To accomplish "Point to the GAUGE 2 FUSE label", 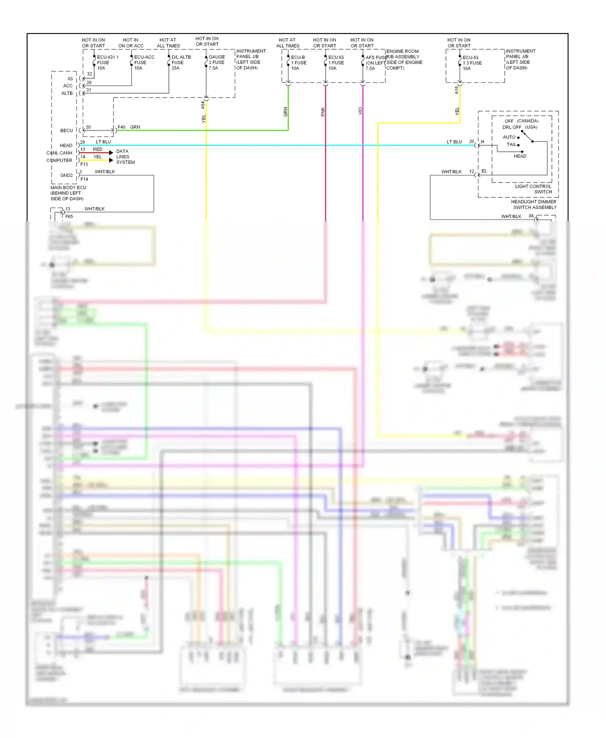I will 217,63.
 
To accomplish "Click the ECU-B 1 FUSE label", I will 298,63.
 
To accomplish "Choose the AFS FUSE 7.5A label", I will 375,63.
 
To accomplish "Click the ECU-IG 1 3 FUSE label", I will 471,63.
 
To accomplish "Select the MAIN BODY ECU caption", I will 68,193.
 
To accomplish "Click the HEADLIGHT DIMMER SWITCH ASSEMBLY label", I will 534,205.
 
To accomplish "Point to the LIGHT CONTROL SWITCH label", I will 533,189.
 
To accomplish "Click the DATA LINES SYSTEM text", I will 125,157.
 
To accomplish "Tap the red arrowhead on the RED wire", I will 111,153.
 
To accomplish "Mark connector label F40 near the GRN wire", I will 121,127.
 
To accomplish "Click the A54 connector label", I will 203,105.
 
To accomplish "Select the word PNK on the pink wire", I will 323,112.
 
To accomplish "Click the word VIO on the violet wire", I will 360,111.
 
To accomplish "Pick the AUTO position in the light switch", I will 509,137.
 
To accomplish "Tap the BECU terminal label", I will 67,131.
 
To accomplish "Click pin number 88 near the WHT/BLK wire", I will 531,216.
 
